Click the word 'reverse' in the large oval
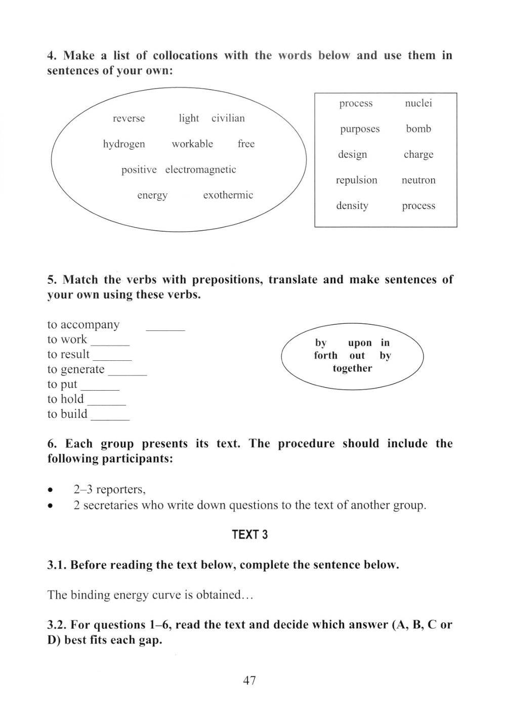129,118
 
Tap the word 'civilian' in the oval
228,118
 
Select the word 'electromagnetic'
200,170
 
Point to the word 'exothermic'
228,195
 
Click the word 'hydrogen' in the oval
124,144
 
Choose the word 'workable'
192,144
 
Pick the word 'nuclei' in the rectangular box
418,103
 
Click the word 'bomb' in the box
418,129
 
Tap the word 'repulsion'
357,180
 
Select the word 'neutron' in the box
418,180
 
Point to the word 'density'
352,206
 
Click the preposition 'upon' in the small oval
360,343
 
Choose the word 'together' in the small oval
352,368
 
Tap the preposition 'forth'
325,356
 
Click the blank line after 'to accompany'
165,329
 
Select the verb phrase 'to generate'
76,369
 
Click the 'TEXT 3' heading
249,535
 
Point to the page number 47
249,681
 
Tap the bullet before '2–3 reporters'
50,490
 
